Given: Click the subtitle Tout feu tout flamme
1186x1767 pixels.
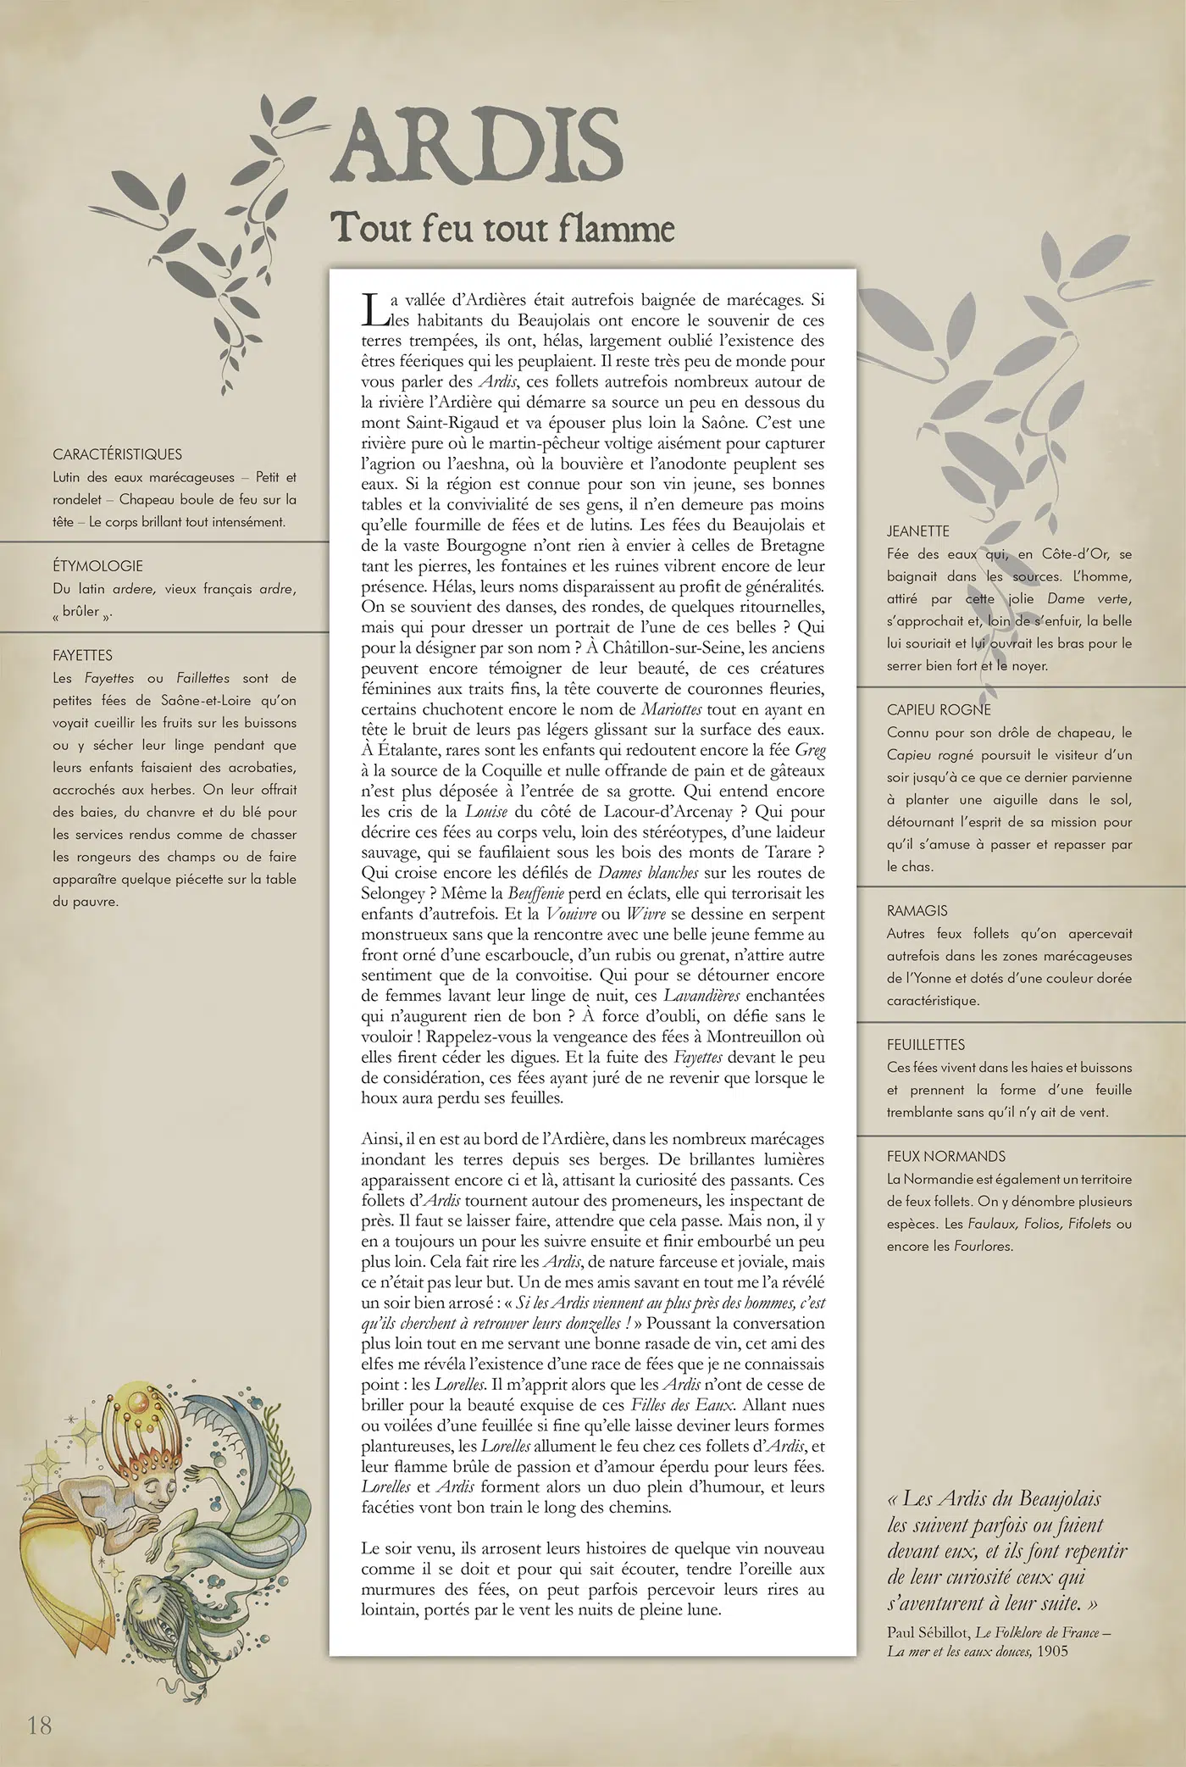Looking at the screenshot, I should [502, 228].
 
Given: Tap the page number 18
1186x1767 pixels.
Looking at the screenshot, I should [40, 1723].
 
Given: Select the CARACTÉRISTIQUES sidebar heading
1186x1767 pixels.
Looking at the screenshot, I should [117, 454].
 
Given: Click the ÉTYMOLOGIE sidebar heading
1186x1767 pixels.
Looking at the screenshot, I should [97, 565].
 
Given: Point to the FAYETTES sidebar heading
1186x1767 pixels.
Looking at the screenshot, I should [82, 655].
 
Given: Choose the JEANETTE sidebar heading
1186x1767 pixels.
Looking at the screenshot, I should [918, 531].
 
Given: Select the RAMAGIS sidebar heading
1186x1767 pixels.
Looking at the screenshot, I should [917, 910].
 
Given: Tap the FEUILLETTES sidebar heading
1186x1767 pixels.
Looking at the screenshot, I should [926, 1044].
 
